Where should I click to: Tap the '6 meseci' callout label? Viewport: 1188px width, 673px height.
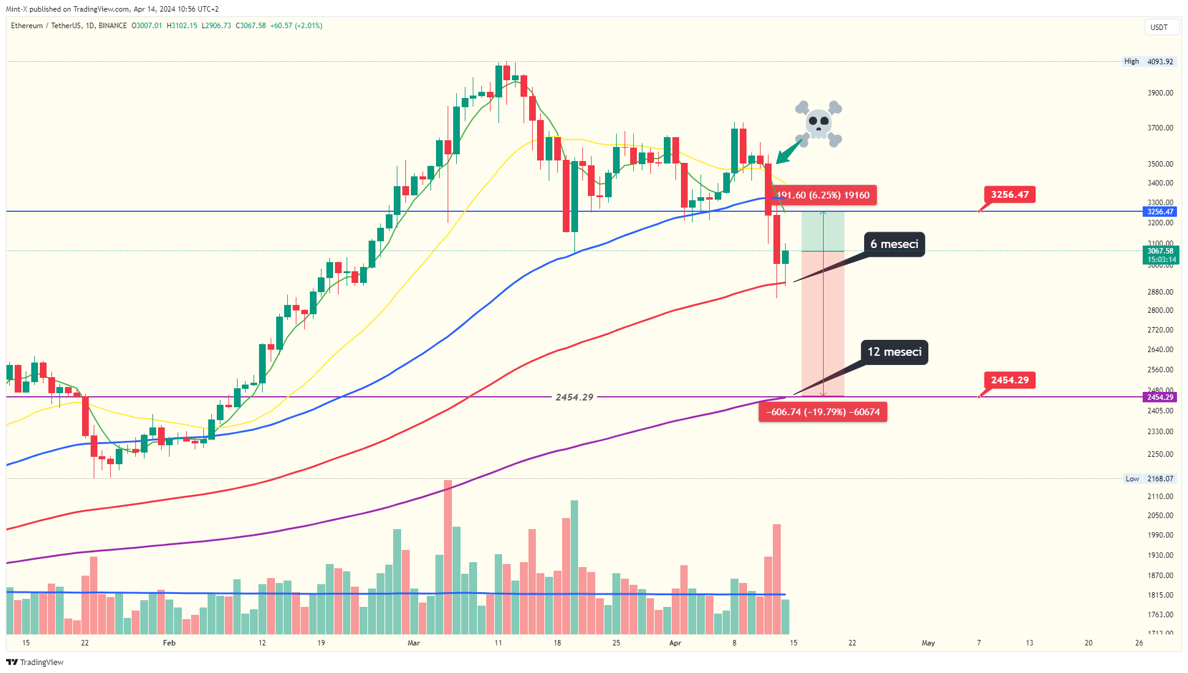(x=894, y=244)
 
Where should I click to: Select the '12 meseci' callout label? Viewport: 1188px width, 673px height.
(x=894, y=352)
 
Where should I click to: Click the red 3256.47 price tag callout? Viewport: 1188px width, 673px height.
(x=1009, y=195)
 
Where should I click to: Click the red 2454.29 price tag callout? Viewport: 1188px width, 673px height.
(x=1009, y=380)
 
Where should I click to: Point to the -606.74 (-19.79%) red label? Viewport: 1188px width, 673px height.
(x=822, y=412)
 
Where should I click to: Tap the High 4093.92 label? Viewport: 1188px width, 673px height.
(x=1148, y=61)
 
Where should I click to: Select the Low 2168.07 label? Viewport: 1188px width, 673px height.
(x=1149, y=479)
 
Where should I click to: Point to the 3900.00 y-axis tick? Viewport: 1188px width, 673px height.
(x=1160, y=93)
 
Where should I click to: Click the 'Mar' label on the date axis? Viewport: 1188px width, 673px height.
(x=414, y=643)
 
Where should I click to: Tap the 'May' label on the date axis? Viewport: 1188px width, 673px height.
(x=928, y=643)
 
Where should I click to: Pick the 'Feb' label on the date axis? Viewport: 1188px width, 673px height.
(x=169, y=643)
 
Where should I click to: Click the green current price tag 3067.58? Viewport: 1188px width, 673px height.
(x=1160, y=255)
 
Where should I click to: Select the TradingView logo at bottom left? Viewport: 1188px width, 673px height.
(x=35, y=662)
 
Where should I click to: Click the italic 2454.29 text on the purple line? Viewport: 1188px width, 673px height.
(x=574, y=397)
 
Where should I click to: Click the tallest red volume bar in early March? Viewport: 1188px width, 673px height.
(x=448, y=557)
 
